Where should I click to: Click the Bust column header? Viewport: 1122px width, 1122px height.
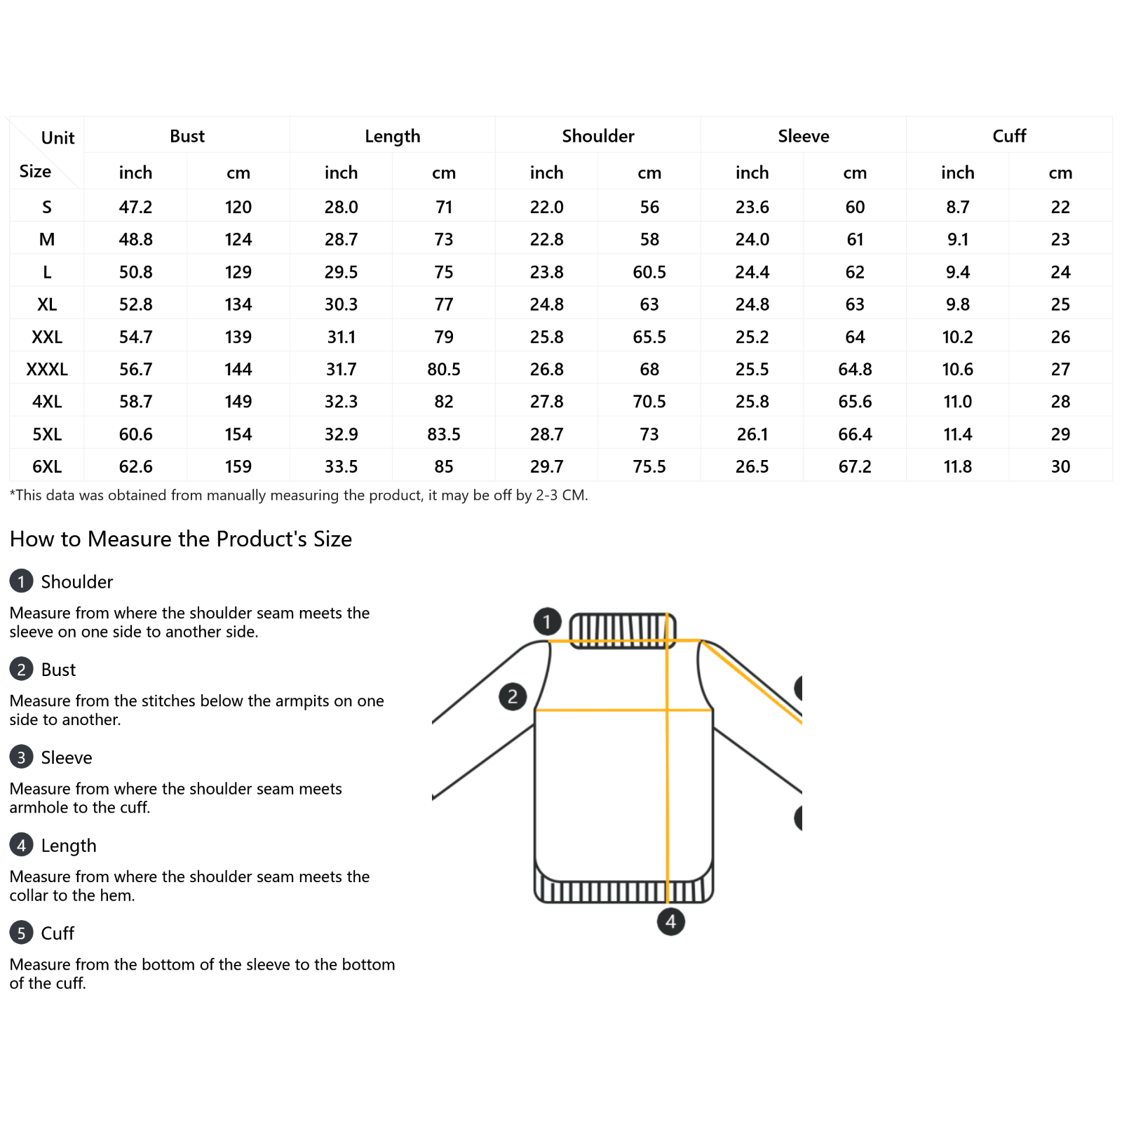tap(187, 136)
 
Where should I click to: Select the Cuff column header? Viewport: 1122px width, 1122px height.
tap(1009, 136)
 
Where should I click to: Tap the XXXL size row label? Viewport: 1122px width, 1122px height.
tap(47, 370)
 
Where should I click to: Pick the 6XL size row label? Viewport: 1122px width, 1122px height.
tap(47, 467)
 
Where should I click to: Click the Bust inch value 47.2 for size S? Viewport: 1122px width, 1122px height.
tap(135, 208)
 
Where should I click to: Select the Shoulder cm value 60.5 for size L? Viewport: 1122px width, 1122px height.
tap(649, 272)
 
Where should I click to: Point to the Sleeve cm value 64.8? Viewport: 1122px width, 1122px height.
tap(855, 370)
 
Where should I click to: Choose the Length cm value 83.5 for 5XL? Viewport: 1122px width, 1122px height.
tap(444, 435)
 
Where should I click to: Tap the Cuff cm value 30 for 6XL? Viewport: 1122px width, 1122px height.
tap(1060, 467)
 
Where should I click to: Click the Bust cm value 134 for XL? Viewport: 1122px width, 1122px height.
tap(238, 305)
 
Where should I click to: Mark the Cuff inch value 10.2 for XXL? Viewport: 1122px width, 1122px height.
tap(958, 337)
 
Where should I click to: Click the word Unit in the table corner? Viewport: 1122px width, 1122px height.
tap(58, 138)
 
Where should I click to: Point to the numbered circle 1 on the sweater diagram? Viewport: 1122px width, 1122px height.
tap(547, 621)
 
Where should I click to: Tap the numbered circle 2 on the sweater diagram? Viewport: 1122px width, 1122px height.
tap(513, 696)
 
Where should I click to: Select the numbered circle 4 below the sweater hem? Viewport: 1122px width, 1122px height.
tap(671, 921)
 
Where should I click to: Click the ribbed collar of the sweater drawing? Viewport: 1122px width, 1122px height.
tap(623, 630)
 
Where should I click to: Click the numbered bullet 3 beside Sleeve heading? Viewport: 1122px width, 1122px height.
tap(21, 757)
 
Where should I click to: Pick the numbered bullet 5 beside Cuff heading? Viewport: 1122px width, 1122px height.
tap(21, 933)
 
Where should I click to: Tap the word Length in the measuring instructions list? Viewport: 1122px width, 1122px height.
tap(69, 846)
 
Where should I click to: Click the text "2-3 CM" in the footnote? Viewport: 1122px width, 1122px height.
tap(560, 495)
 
